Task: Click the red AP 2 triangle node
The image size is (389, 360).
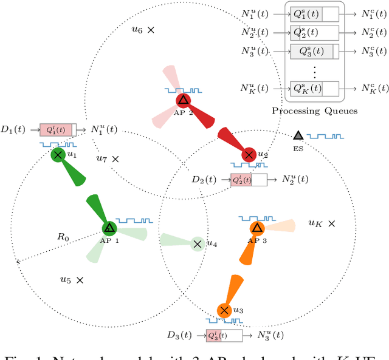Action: click(183, 100)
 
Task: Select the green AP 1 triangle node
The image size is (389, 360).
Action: click(109, 228)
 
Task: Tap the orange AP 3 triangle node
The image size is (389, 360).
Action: click(257, 228)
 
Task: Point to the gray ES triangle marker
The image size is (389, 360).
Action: click(298, 136)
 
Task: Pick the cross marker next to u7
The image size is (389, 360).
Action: click(115, 159)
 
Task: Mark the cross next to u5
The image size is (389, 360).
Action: click(80, 280)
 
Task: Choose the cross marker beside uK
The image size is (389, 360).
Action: click(331, 224)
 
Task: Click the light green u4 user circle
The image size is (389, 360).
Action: click(197, 244)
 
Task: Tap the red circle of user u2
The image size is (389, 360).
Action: click(249, 155)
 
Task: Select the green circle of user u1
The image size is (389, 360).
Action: click(58, 155)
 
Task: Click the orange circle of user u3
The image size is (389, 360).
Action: click(224, 310)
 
